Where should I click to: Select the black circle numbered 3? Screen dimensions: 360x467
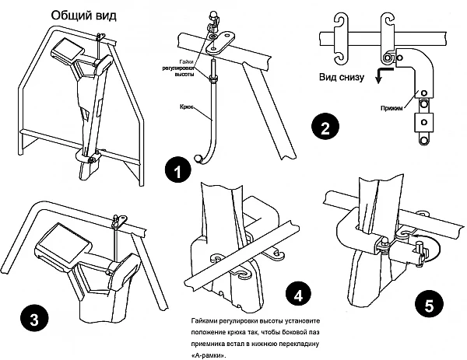coord(32,319)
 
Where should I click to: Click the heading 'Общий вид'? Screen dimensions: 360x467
coord(83,16)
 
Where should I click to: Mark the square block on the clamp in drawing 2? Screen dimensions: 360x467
coord(422,122)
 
